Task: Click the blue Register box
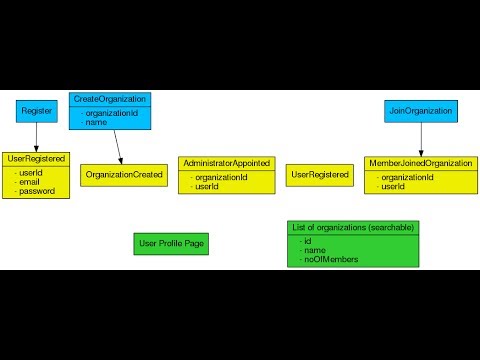37,111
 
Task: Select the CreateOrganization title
110,99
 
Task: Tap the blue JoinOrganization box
420,111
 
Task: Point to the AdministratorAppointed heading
227,163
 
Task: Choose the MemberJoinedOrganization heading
420,163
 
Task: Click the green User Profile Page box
171,243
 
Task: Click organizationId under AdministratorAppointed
221,177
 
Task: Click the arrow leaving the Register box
36,137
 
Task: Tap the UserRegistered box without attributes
319,175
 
